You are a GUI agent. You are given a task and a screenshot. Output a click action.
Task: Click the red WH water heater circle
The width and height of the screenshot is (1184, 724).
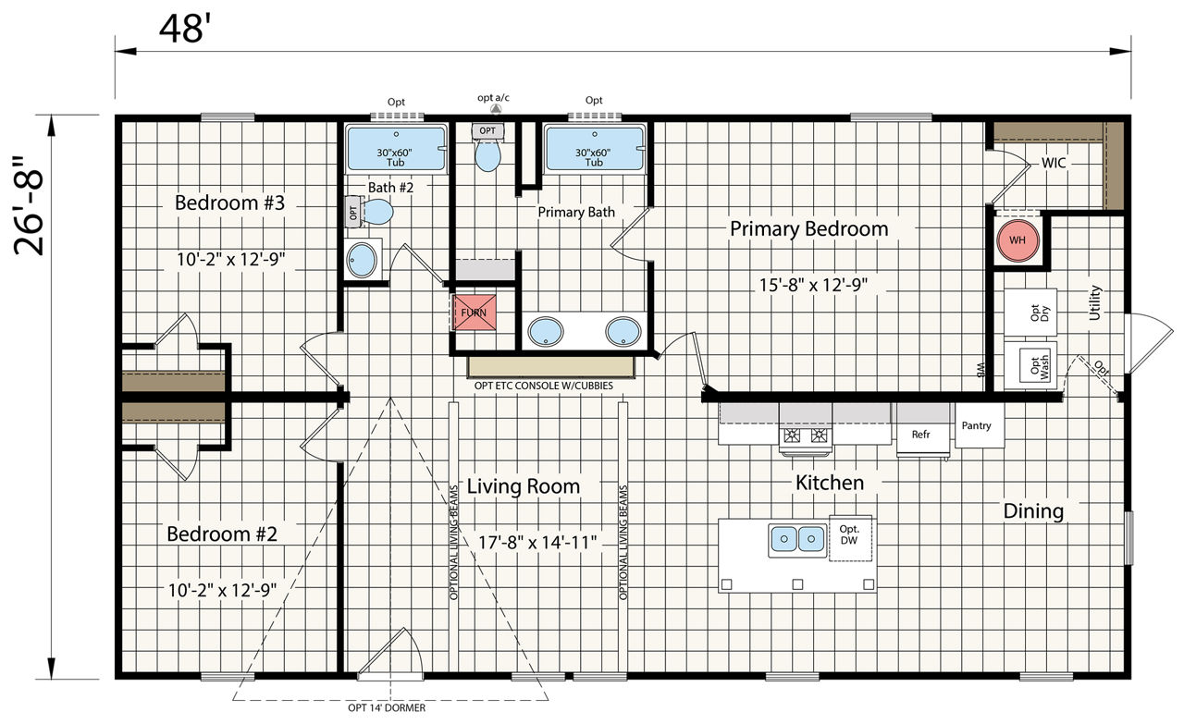(x=1017, y=240)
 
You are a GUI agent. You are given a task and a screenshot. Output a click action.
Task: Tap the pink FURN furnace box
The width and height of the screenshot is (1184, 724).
(x=475, y=313)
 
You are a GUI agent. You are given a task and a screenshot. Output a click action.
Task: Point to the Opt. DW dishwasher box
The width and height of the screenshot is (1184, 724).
(x=850, y=537)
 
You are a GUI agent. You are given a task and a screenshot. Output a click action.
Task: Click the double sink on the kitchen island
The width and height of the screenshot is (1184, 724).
(x=797, y=540)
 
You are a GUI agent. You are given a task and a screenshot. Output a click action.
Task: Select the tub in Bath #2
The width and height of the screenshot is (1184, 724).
(x=395, y=148)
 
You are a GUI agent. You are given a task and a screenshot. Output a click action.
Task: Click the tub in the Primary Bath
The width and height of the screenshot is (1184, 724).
(x=594, y=148)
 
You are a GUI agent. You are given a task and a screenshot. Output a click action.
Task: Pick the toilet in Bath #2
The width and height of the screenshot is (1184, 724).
(x=369, y=212)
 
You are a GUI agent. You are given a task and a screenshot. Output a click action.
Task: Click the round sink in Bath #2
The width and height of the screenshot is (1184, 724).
(x=362, y=260)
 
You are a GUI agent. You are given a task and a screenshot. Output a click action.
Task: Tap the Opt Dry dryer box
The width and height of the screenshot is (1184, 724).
(x=1030, y=313)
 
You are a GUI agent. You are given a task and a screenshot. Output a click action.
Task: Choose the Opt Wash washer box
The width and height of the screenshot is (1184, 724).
(x=1030, y=366)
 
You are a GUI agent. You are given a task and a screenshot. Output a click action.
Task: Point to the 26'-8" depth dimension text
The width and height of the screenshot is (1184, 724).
(x=29, y=206)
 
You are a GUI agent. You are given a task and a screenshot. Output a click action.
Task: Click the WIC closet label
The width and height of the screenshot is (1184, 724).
(x=1054, y=163)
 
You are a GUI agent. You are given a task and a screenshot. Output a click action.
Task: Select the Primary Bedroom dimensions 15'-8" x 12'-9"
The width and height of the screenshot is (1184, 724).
(x=813, y=286)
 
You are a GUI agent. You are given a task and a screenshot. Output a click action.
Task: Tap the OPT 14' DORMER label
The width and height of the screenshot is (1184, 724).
(x=387, y=707)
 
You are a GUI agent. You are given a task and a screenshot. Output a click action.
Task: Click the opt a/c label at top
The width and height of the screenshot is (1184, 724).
(x=493, y=98)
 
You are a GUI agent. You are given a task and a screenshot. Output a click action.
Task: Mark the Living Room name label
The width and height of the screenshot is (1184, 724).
(x=524, y=486)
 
